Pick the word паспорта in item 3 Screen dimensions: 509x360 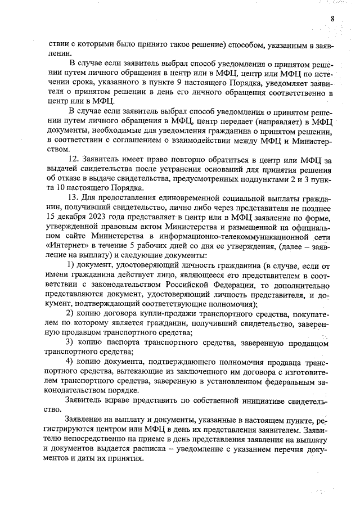(x=121, y=341)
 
